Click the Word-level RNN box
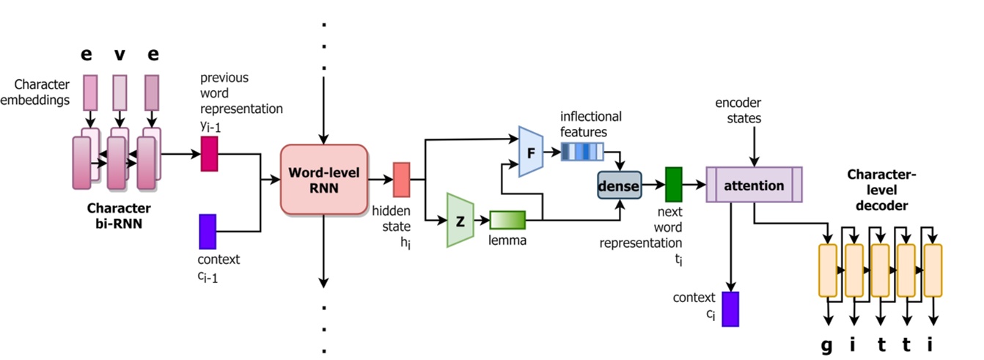(323, 180)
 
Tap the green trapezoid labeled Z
(460, 220)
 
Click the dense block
(619, 186)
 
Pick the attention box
(754, 185)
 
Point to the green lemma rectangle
(507, 220)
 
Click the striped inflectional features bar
(581, 152)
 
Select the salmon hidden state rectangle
(402, 180)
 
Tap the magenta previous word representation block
(209, 154)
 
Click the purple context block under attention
(730, 309)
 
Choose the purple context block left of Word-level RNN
(208, 232)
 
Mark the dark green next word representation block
(673, 185)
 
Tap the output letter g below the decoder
(827, 345)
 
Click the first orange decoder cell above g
(827, 271)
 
